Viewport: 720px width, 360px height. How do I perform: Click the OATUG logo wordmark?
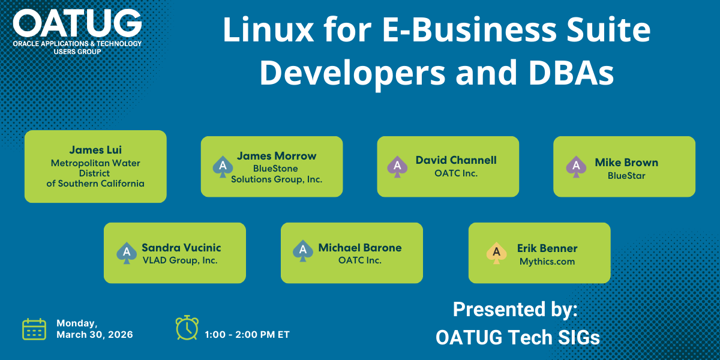coord(77,23)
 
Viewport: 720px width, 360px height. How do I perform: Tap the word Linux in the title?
coord(268,29)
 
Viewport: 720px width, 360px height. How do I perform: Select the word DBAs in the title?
coord(571,73)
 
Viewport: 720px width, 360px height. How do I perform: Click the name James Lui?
coord(95,150)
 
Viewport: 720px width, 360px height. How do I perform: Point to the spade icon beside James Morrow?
coord(223,167)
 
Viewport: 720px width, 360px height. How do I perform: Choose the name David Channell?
coord(456,160)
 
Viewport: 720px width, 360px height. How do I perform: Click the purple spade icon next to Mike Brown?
coord(576,167)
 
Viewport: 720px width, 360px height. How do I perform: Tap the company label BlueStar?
coord(626,176)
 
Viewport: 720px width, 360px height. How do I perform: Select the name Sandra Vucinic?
coord(181,247)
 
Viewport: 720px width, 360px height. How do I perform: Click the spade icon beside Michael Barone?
coord(303,251)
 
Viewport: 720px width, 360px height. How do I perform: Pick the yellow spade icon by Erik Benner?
coord(497,253)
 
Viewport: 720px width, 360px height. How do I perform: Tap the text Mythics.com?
coord(547,262)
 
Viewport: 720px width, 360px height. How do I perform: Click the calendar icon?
coord(34,329)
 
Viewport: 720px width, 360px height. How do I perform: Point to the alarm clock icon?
coord(187,328)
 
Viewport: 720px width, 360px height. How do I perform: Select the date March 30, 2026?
coord(95,335)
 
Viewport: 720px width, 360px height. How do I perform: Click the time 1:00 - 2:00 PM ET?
coord(247,335)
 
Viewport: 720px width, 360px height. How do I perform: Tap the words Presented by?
coord(515,309)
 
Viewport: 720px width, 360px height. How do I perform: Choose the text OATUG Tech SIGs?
coord(517,337)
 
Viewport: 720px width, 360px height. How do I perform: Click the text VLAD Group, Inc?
coord(180,260)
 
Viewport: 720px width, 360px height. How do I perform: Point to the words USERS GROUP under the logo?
coord(77,52)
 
